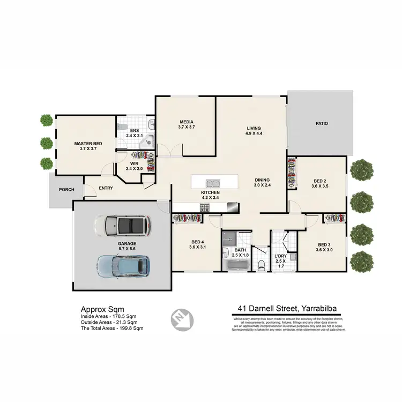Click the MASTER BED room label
point(87,144)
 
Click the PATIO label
point(322,124)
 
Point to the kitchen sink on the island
point(209,183)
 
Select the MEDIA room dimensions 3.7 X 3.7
point(187,128)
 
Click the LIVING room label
point(254,128)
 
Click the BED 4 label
point(197,241)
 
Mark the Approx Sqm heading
point(102,309)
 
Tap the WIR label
point(135,163)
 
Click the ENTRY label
point(106,188)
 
